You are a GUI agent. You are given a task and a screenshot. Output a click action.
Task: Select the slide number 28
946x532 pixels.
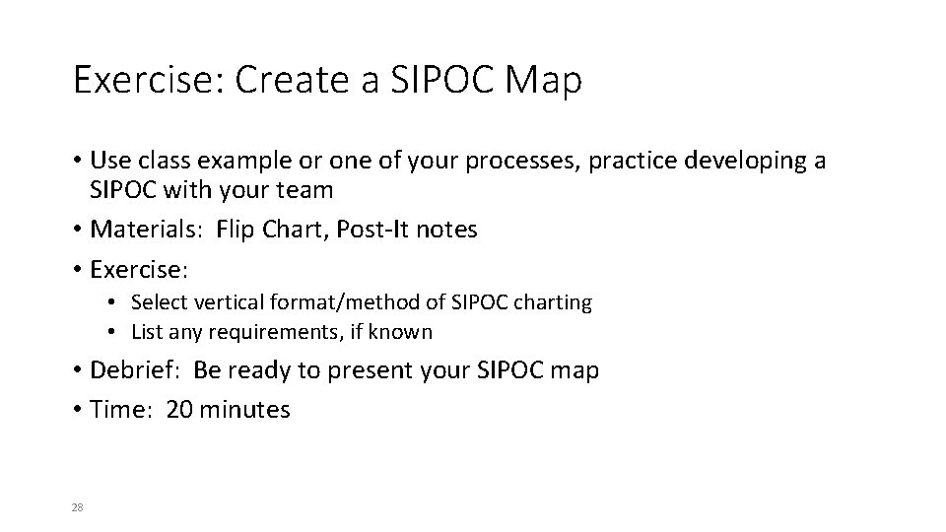click(x=77, y=507)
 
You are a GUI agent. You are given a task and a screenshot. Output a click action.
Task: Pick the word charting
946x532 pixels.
click(x=552, y=302)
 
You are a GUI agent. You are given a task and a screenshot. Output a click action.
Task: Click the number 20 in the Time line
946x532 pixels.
click(x=179, y=409)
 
